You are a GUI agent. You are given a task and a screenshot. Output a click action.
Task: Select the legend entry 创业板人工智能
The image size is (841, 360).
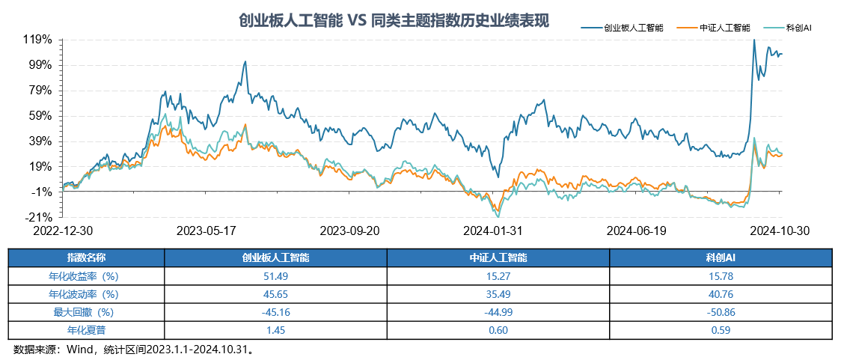click(633, 28)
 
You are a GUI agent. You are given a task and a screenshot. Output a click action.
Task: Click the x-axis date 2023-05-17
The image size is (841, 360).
click(207, 231)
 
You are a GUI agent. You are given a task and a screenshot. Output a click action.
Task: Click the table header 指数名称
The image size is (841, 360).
click(87, 257)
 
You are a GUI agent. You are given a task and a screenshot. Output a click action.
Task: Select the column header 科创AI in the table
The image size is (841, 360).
click(721, 257)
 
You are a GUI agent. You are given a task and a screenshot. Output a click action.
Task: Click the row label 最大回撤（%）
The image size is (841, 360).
click(87, 311)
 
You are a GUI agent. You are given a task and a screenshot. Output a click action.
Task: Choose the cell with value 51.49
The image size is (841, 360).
click(275, 275)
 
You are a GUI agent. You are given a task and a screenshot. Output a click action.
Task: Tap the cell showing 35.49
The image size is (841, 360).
click(498, 293)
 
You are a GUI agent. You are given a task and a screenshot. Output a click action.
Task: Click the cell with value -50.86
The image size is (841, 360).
click(721, 311)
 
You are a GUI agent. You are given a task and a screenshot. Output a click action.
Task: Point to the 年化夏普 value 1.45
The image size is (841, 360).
click(275, 329)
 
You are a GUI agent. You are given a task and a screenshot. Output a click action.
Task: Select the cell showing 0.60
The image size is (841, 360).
click(498, 329)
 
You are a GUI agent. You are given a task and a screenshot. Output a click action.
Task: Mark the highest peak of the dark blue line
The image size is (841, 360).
click(754, 40)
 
